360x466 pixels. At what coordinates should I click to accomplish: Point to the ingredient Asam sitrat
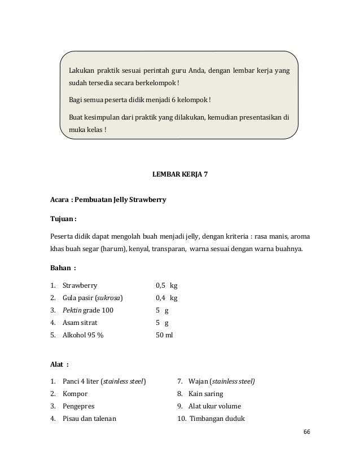tap(80, 323)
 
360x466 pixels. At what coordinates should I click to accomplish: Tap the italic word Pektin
tap(72, 311)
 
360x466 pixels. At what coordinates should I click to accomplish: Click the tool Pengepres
tap(80, 406)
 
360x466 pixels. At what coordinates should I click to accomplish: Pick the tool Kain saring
tap(208, 394)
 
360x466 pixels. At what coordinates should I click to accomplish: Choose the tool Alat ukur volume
tap(215, 406)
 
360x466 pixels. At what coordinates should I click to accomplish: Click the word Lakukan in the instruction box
tap(81, 71)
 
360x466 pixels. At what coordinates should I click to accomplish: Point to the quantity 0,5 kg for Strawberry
tap(166, 286)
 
